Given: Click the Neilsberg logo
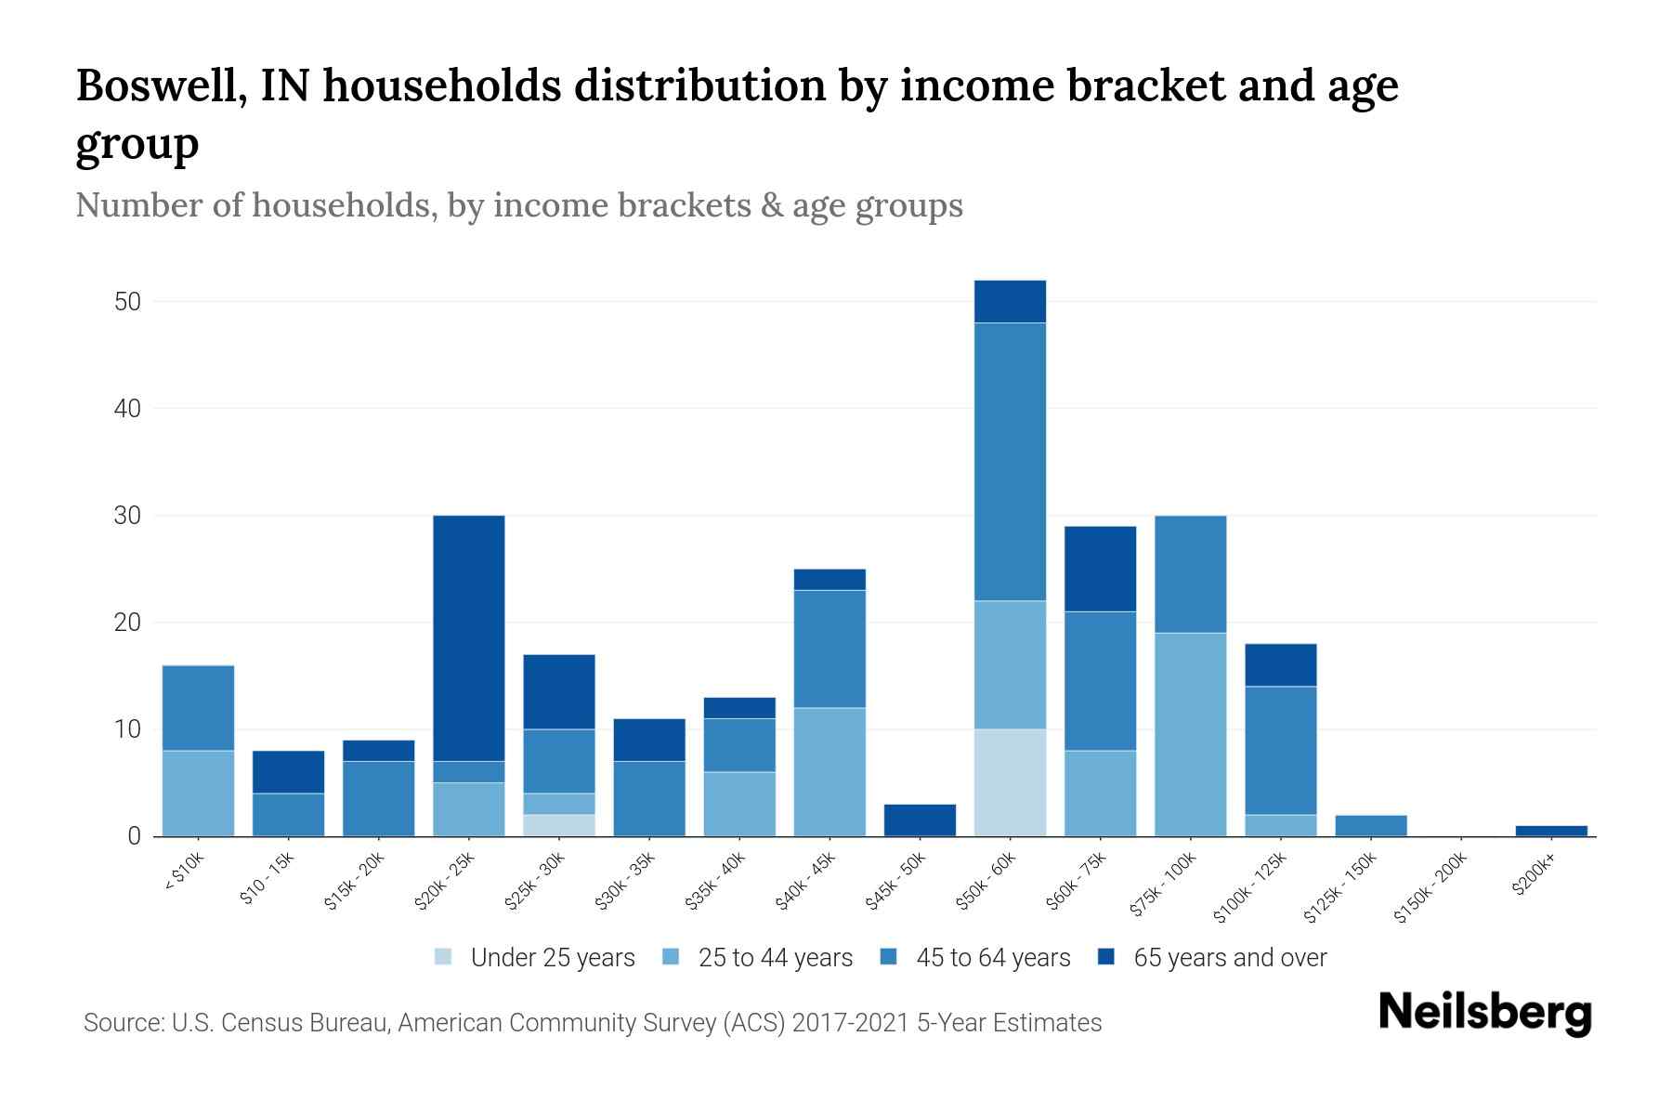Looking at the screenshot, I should [x=1484, y=1013].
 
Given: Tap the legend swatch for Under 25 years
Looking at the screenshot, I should [x=444, y=956].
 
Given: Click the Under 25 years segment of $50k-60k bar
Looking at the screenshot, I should [x=1010, y=782].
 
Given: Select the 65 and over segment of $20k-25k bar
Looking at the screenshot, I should [x=469, y=638].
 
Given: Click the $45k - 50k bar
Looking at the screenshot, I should [x=920, y=820].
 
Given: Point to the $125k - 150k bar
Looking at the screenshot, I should [x=1371, y=825].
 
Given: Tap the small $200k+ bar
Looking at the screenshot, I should [x=1551, y=831].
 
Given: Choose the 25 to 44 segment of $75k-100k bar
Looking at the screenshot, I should [x=1190, y=734].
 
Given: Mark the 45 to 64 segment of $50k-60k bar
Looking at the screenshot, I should [x=1010, y=462].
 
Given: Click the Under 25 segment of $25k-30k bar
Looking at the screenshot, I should [x=559, y=825].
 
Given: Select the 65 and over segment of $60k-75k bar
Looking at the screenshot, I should [x=1100, y=569].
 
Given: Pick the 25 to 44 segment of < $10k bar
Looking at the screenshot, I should [x=198, y=793].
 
